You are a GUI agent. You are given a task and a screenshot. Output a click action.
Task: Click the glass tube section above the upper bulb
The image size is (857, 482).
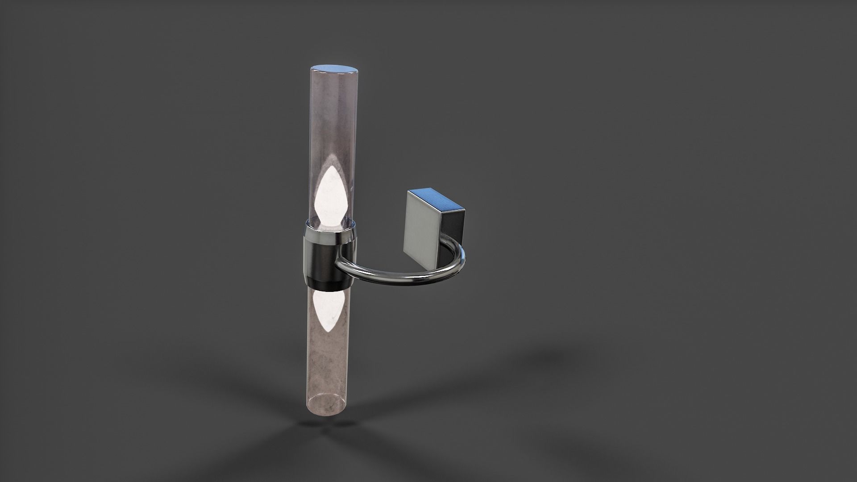pos(333,116)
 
